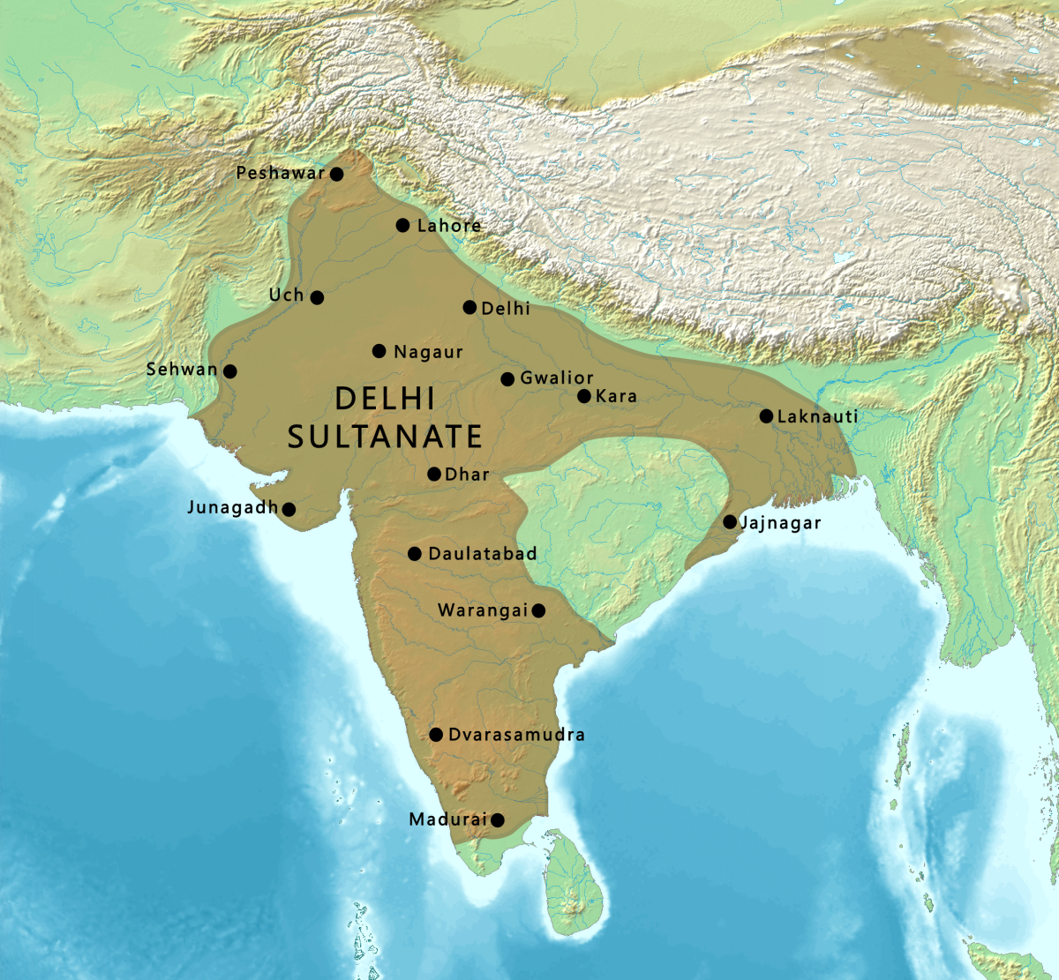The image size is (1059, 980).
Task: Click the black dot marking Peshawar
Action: tap(336, 174)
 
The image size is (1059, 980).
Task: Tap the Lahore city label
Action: tap(449, 226)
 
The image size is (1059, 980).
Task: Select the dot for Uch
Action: tap(317, 297)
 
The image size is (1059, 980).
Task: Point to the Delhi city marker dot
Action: tap(469, 307)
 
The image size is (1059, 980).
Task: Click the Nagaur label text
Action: tap(428, 352)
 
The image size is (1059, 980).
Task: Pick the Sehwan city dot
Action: tap(229, 371)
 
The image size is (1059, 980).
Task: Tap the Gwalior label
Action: tap(557, 378)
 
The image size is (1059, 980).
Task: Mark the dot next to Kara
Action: tap(583, 396)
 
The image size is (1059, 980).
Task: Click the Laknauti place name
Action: tap(817, 416)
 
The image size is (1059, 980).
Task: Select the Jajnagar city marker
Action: tap(730, 522)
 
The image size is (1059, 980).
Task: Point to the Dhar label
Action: tap(467, 475)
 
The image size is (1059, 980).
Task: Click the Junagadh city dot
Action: tap(288, 509)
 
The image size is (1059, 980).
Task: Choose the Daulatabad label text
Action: tap(482, 554)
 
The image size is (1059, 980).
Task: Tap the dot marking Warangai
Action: tap(538, 610)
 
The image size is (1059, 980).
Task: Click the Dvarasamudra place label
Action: tap(516, 735)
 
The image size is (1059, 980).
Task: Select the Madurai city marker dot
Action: tap(497, 820)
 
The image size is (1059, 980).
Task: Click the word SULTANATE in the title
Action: tap(385, 437)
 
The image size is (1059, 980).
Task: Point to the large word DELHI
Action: tap(386, 399)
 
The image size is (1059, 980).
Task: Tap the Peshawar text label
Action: tap(281, 174)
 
